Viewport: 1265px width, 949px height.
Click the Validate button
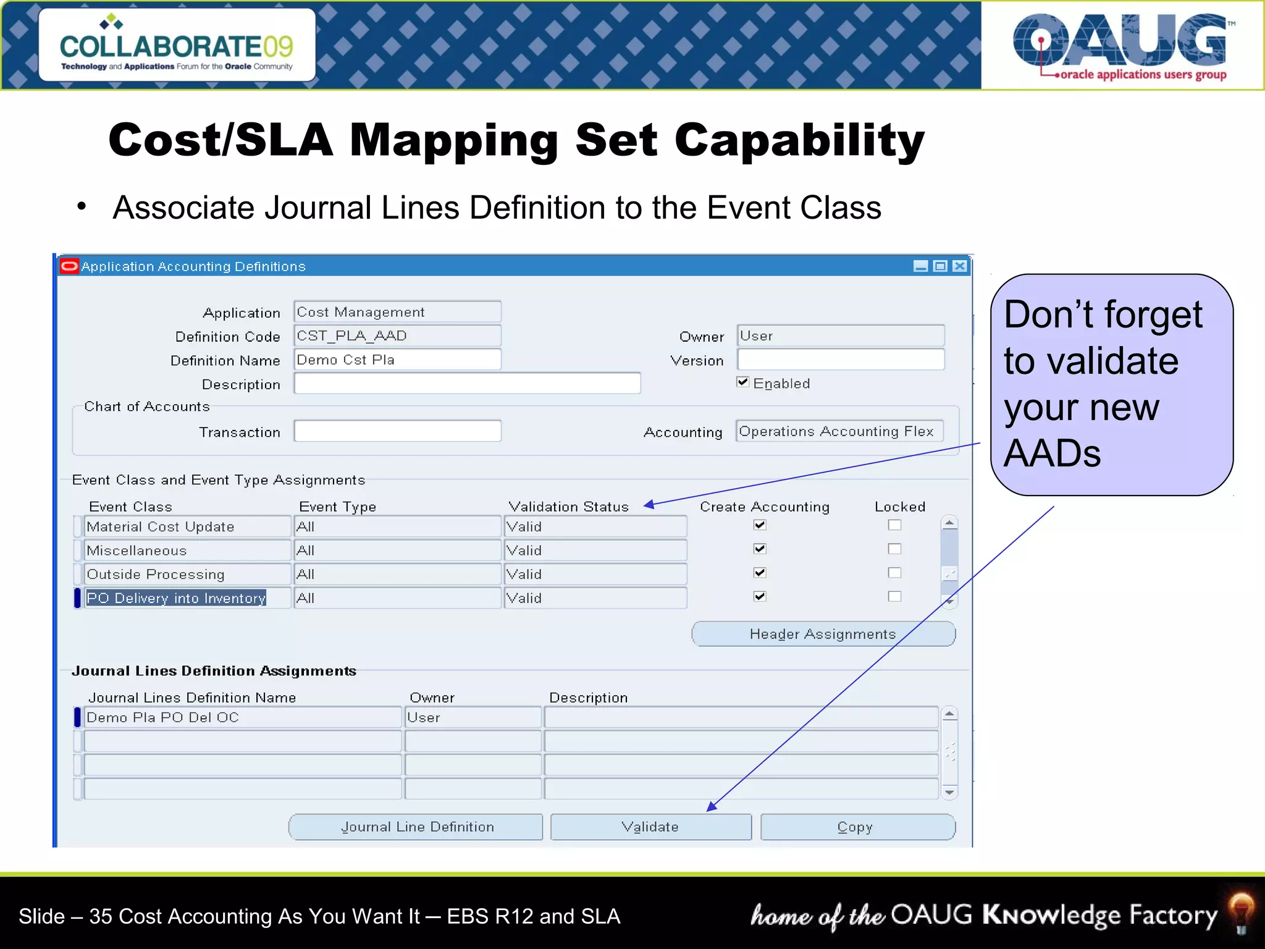tap(650, 827)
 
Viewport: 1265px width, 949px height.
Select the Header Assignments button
tap(823, 635)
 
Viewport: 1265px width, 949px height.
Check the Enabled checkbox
tap(743, 382)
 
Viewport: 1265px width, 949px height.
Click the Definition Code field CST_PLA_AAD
tap(397, 336)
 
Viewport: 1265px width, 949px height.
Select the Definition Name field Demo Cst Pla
tap(397, 360)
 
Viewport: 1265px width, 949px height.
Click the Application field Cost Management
tap(397, 312)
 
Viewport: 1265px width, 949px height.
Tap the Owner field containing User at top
tap(840, 336)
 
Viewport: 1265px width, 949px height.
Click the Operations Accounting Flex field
tap(839, 431)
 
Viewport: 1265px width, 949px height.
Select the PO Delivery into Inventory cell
tap(177, 598)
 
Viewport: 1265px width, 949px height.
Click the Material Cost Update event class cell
tap(187, 527)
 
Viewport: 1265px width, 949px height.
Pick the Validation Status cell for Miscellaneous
tap(595, 550)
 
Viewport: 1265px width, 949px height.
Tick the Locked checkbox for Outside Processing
tap(894, 573)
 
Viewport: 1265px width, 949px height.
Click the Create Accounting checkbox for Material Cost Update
tap(760, 525)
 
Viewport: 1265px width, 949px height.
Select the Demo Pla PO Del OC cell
tap(242, 718)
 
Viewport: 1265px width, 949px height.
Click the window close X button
tap(959, 266)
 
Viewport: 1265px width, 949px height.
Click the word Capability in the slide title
tap(799, 141)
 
